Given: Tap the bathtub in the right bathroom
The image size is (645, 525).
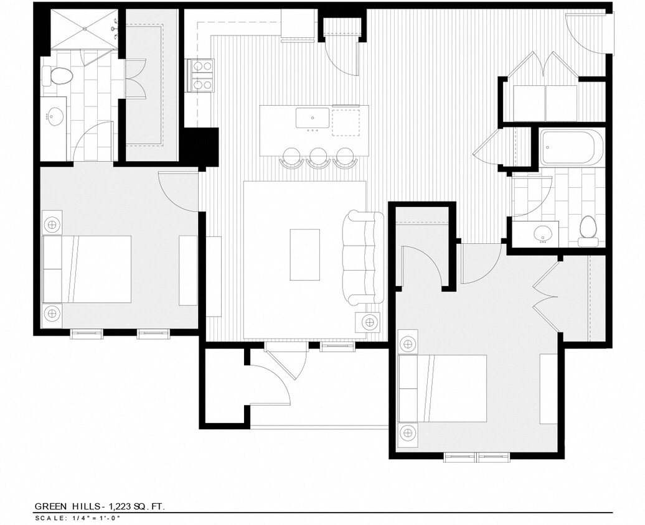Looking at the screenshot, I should [572, 147].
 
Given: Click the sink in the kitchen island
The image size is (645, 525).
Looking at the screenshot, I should [313, 116].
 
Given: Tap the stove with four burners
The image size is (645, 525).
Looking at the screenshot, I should [201, 75].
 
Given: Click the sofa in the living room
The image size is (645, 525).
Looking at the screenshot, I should [364, 258].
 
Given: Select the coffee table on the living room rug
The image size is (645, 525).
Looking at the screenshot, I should [305, 254].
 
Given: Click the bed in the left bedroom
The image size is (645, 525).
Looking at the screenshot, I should [87, 269].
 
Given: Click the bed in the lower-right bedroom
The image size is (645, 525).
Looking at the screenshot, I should [443, 388].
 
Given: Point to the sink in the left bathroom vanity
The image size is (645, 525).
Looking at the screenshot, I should [57, 116].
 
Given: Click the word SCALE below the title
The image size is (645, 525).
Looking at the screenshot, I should [46, 518].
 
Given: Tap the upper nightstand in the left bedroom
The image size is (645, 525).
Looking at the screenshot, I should [52, 223].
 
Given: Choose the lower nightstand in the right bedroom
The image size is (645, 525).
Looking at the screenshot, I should [408, 432].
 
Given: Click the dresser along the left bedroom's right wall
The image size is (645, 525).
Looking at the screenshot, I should [188, 270].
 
